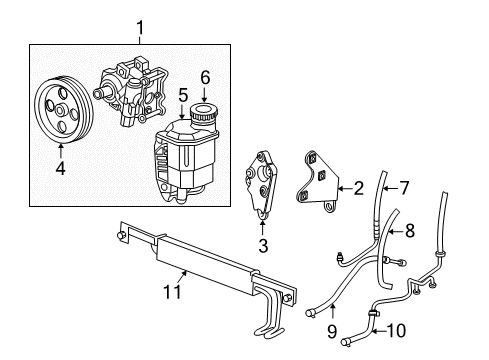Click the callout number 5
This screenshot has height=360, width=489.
183,96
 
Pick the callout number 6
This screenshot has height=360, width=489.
205,76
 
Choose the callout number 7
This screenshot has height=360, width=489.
404,186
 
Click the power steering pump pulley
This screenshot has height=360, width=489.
62,106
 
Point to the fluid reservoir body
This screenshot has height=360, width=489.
186,160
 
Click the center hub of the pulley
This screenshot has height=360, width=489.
62,106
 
